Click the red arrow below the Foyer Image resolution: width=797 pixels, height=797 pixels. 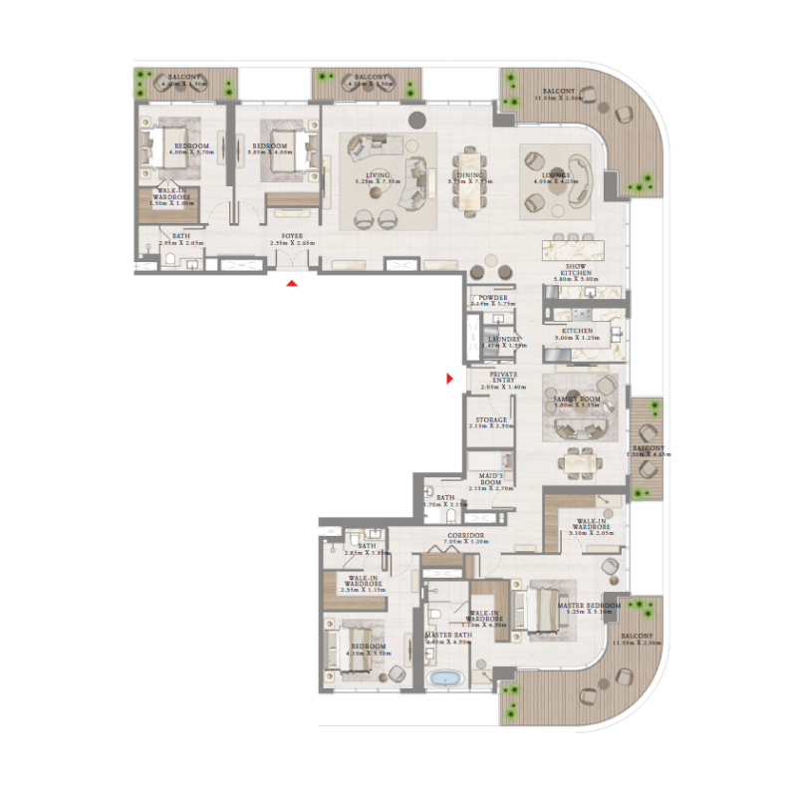click(291, 284)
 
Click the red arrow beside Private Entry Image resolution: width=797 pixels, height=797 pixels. click(450, 379)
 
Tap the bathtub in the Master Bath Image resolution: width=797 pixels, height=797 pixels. click(443, 678)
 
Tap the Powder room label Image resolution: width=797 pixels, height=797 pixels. click(493, 298)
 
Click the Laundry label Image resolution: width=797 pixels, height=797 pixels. click(503, 339)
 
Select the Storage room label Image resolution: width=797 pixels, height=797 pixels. click(491, 420)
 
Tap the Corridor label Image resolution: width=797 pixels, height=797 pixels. click(466, 536)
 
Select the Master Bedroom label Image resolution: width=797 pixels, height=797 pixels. click(590, 605)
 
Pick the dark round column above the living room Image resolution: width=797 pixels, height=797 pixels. click(417, 121)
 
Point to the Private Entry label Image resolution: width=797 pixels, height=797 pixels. click(498, 375)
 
